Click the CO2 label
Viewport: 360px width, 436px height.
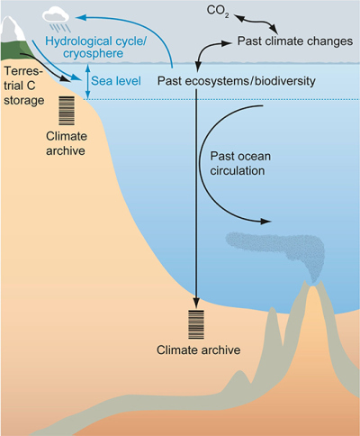point(218,11)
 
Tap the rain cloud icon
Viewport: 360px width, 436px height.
point(57,20)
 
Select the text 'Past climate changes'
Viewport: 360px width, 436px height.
point(295,41)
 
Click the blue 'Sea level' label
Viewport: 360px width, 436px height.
point(116,81)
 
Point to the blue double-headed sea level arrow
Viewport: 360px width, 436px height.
point(87,81)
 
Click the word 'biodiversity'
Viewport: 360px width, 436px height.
point(285,81)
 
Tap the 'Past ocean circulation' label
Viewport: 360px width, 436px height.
point(240,163)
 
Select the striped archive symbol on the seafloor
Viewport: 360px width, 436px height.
point(196,324)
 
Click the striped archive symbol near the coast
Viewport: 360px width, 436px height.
point(67,111)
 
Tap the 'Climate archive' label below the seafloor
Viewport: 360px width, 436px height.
point(199,350)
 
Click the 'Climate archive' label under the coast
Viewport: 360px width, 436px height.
point(66,143)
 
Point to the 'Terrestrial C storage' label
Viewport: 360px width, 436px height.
point(23,86)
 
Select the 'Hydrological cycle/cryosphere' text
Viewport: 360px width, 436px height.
point(95,47)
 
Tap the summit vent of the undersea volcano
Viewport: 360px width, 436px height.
point(312,284)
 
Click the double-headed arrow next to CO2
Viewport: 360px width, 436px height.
point(256,23)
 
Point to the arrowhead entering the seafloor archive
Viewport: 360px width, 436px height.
point(196,303)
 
